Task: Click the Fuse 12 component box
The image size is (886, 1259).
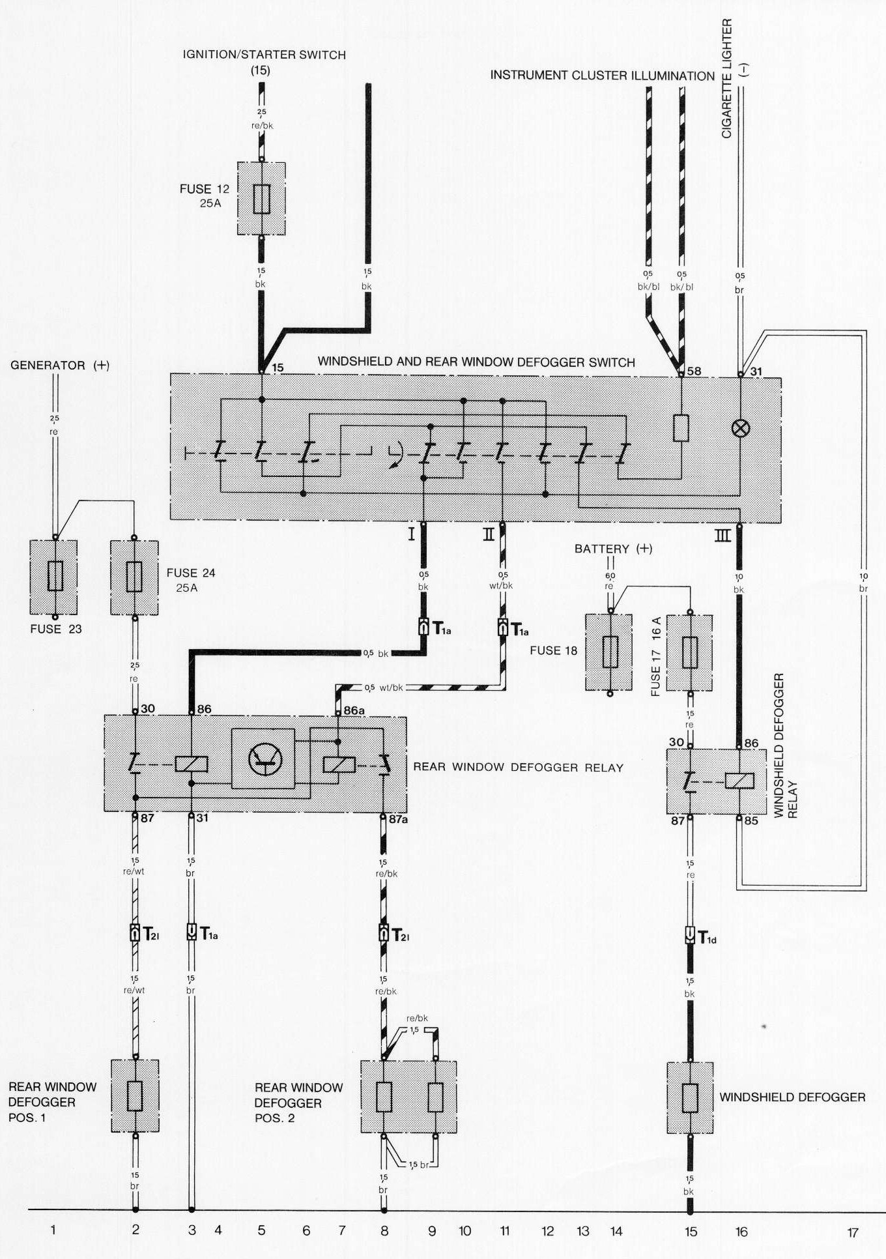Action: click(261, 198)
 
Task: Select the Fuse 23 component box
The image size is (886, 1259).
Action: click(54, 577)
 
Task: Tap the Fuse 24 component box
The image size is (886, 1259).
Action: click(134, 577)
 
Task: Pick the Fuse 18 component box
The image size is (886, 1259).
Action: click(609, 652)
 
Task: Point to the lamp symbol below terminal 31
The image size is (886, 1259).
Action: click(741, 428)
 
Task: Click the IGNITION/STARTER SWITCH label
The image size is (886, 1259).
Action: click(264, 55)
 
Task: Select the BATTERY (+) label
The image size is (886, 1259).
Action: click(613, 549)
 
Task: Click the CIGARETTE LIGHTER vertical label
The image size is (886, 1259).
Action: click(728, 78)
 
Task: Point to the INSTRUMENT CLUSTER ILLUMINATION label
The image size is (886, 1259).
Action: click(602, 76)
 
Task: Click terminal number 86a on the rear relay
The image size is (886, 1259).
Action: click(354, 710)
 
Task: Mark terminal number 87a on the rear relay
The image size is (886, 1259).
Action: click(399, 818)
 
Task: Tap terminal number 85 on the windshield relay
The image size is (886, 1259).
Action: click(751, 820)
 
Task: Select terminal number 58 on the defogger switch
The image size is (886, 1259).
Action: click(694, 371)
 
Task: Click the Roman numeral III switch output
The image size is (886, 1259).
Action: click(722, 536)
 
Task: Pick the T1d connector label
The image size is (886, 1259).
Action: click(707, 938)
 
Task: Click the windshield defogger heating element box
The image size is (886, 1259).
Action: click(690, 1098)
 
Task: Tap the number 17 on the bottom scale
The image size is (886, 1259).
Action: click(853, 1232)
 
